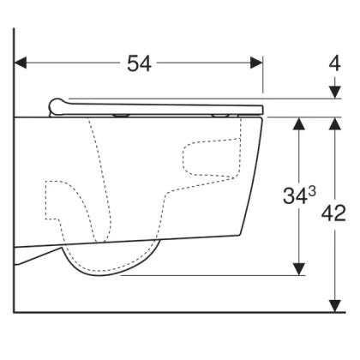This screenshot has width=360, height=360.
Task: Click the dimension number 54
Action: tap(139, 63)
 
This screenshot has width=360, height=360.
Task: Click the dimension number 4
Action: tap(334, 63)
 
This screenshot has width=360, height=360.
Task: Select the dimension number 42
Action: tap(333, 213)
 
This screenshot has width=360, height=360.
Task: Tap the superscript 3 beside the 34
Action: tap(312, 192)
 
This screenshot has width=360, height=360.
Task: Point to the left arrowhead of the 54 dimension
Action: tap(20, 63)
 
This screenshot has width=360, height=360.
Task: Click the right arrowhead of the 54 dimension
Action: tap(256, 63)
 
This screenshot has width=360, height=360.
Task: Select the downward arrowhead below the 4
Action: tap(335, 93)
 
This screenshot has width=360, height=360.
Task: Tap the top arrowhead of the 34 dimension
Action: tap(299, 123)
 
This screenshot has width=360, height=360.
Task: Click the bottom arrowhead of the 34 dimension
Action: tap(299, 269)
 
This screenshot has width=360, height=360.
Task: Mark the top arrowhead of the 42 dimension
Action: tap(335, 123)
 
